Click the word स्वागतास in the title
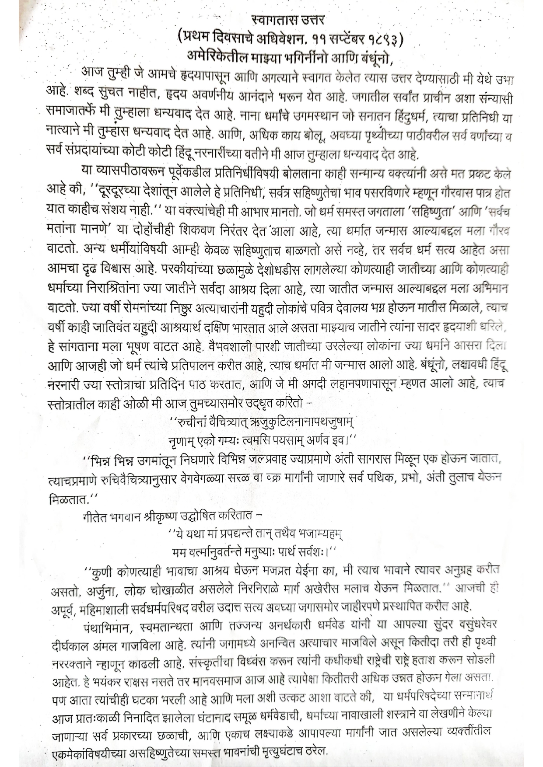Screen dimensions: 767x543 click(270, 20)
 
